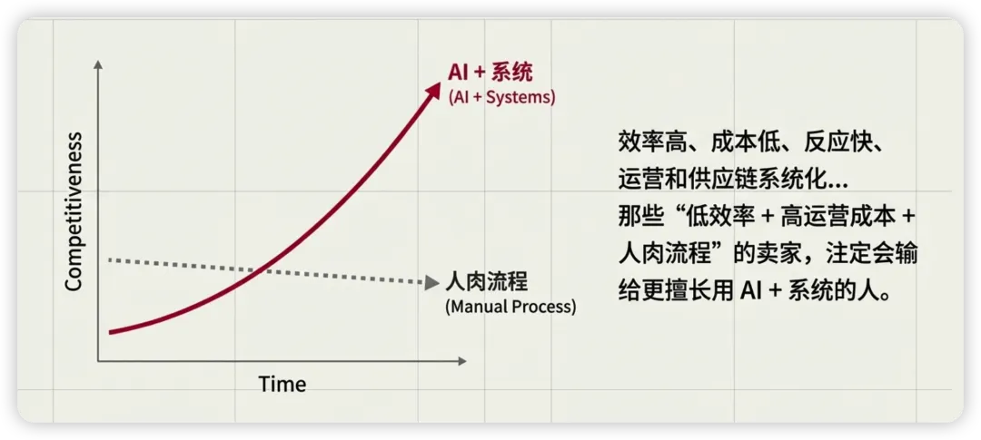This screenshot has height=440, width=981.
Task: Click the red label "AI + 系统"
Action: point(490,73)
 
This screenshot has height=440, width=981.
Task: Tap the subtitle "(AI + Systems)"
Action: point(501,98)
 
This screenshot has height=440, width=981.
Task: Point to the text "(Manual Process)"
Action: point(510,308)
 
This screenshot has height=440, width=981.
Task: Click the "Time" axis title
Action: point(282,383)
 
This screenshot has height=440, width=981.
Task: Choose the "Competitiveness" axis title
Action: point(74,211)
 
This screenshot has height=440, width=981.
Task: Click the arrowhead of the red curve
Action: point(434,90)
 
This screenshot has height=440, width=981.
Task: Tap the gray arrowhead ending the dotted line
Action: point(431,283)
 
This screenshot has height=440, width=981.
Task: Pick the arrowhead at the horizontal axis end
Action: point(461,361)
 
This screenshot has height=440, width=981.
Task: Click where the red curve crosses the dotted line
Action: point(259,270)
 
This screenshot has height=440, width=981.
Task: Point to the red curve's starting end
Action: point(110,332)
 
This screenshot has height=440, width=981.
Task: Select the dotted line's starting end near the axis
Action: point(111,259)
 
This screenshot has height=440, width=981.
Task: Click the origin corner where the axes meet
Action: point(98,361)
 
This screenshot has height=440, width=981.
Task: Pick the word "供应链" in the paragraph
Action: point(735,180)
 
